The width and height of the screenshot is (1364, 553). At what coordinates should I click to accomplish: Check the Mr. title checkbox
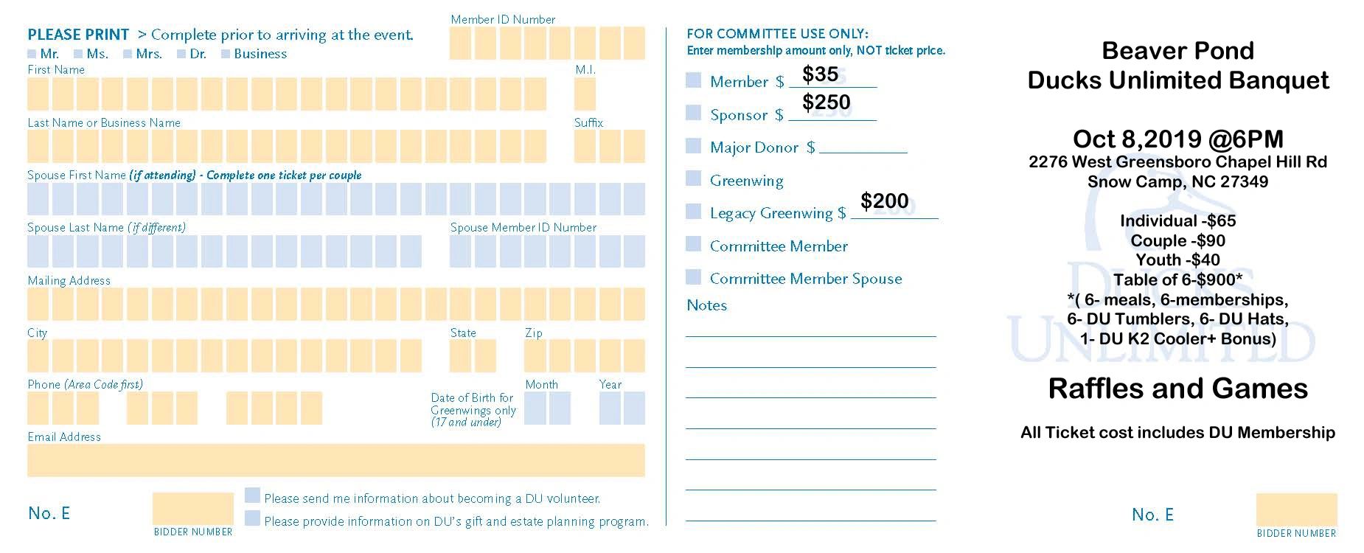[x=32, y=54]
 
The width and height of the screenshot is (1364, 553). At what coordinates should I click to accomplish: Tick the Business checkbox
[x=226, y=54]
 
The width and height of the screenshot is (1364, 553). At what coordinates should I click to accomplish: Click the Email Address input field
[x=335, y=460]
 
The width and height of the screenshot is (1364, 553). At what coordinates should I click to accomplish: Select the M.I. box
[x=585, y=94]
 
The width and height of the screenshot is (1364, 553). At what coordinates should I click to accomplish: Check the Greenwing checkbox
[x=693, y=178]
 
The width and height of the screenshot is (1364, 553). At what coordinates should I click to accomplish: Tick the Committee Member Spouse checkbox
[x=693, y=277]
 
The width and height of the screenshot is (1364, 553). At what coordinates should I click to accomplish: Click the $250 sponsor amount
[x=826, y=102]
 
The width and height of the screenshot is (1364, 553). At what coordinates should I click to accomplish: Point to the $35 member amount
[x=820, y=74]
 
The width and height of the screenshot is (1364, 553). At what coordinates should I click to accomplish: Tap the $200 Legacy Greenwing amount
[x=884, y=201]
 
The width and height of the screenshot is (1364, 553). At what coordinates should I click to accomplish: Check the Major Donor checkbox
[x=693, y=146]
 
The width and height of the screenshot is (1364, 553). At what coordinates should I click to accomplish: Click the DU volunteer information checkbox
[x=252, y=495]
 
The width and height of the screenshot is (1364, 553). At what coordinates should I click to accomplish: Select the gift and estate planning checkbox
[x=252, y=518]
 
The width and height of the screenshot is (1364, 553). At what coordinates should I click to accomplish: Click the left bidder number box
[x=192, y=509]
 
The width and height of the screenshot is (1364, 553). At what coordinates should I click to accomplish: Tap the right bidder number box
[x=1296, y=509]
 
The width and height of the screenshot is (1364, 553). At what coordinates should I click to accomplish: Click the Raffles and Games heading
[x=1177, y=389]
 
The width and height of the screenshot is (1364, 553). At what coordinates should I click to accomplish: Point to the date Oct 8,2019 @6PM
[x=1177, y=139]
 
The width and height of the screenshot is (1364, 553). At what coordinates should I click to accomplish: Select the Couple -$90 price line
[x=1177, y=240]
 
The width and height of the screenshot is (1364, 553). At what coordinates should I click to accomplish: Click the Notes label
[x=706, y=305]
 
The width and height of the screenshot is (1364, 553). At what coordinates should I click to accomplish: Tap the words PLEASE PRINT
[x=78, y=35]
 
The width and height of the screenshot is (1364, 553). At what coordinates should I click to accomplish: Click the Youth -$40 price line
[x=1177, y=260]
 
